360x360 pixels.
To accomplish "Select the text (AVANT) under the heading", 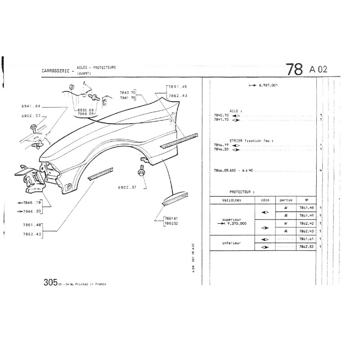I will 83,73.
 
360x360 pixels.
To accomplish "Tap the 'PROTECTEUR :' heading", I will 245,191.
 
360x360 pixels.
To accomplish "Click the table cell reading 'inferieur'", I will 231,243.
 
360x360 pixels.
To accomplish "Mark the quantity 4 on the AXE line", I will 320,171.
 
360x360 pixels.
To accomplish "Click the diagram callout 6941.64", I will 31,106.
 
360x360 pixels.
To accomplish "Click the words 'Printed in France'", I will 92,284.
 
